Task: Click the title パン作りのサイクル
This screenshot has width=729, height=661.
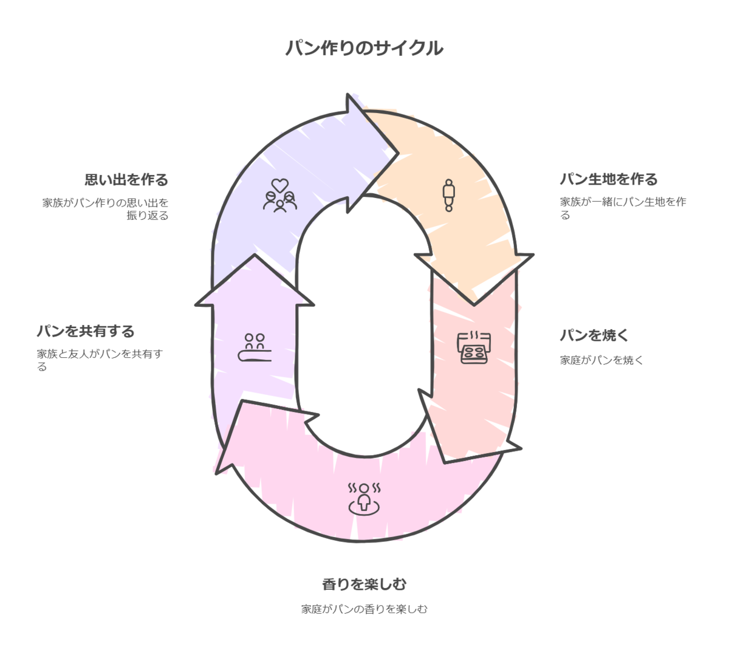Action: (x=364, y=48)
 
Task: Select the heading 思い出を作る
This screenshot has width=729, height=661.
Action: (x=126, y=180)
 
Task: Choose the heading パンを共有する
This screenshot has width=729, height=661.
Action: (x=85, y=332)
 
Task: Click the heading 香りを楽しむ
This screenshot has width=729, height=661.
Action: (x=364, y=584)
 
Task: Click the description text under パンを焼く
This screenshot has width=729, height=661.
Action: (x=601, y=360)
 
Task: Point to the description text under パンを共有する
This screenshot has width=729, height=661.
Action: (x=100, y=359)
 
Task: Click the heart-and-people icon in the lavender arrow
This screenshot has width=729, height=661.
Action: (x=279, y=194)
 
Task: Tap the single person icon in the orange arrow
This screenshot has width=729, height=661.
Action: (x=448, y=194)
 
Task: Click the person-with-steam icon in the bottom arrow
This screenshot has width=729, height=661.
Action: (x=363, y=498)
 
